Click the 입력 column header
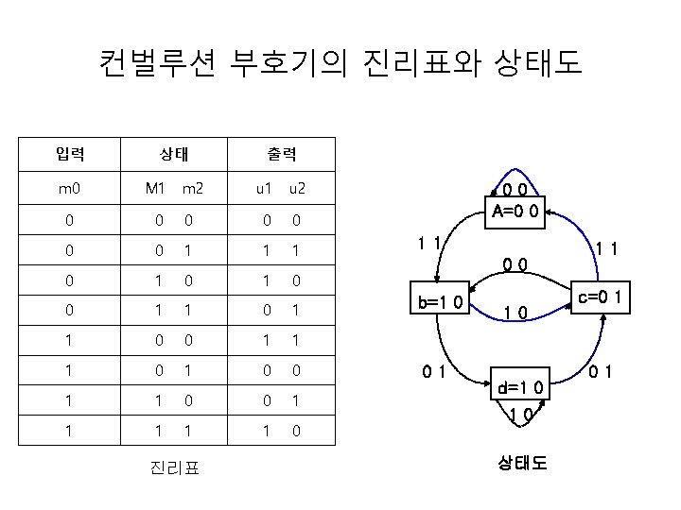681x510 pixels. (69, 152)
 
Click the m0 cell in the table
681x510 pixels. (69, 188)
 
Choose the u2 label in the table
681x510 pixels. (296, 188)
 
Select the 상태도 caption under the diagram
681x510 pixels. (521, 463)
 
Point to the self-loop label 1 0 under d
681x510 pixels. (519, 415)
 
